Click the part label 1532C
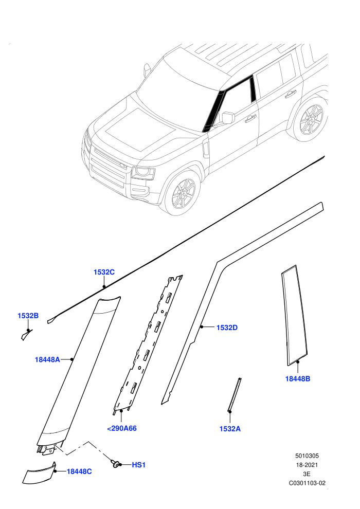[x=104, y=272]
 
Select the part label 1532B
[x=28, y=316]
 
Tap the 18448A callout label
[x=47, y=360]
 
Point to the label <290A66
[x=122, y=428]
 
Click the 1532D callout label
[x=227, y=328]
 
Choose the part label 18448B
[x=298, y=378]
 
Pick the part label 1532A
[x=230, y=429]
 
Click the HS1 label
[x=139, y=465]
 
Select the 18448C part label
[x=79, y=471]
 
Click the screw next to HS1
[x=115, y=464]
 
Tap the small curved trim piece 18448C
[x=39, y=472]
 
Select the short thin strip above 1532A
[x=235, y=394]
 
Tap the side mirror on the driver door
[x=228, y=117]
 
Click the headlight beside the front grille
[x=143, y=173]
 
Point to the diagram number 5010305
[x=307, y=456]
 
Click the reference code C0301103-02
[x=307, y=483]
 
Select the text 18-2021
[x=307, y=465]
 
